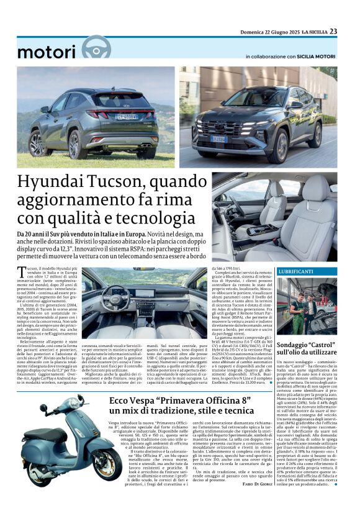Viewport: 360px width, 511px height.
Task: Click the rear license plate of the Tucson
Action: (x=126, y=116)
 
